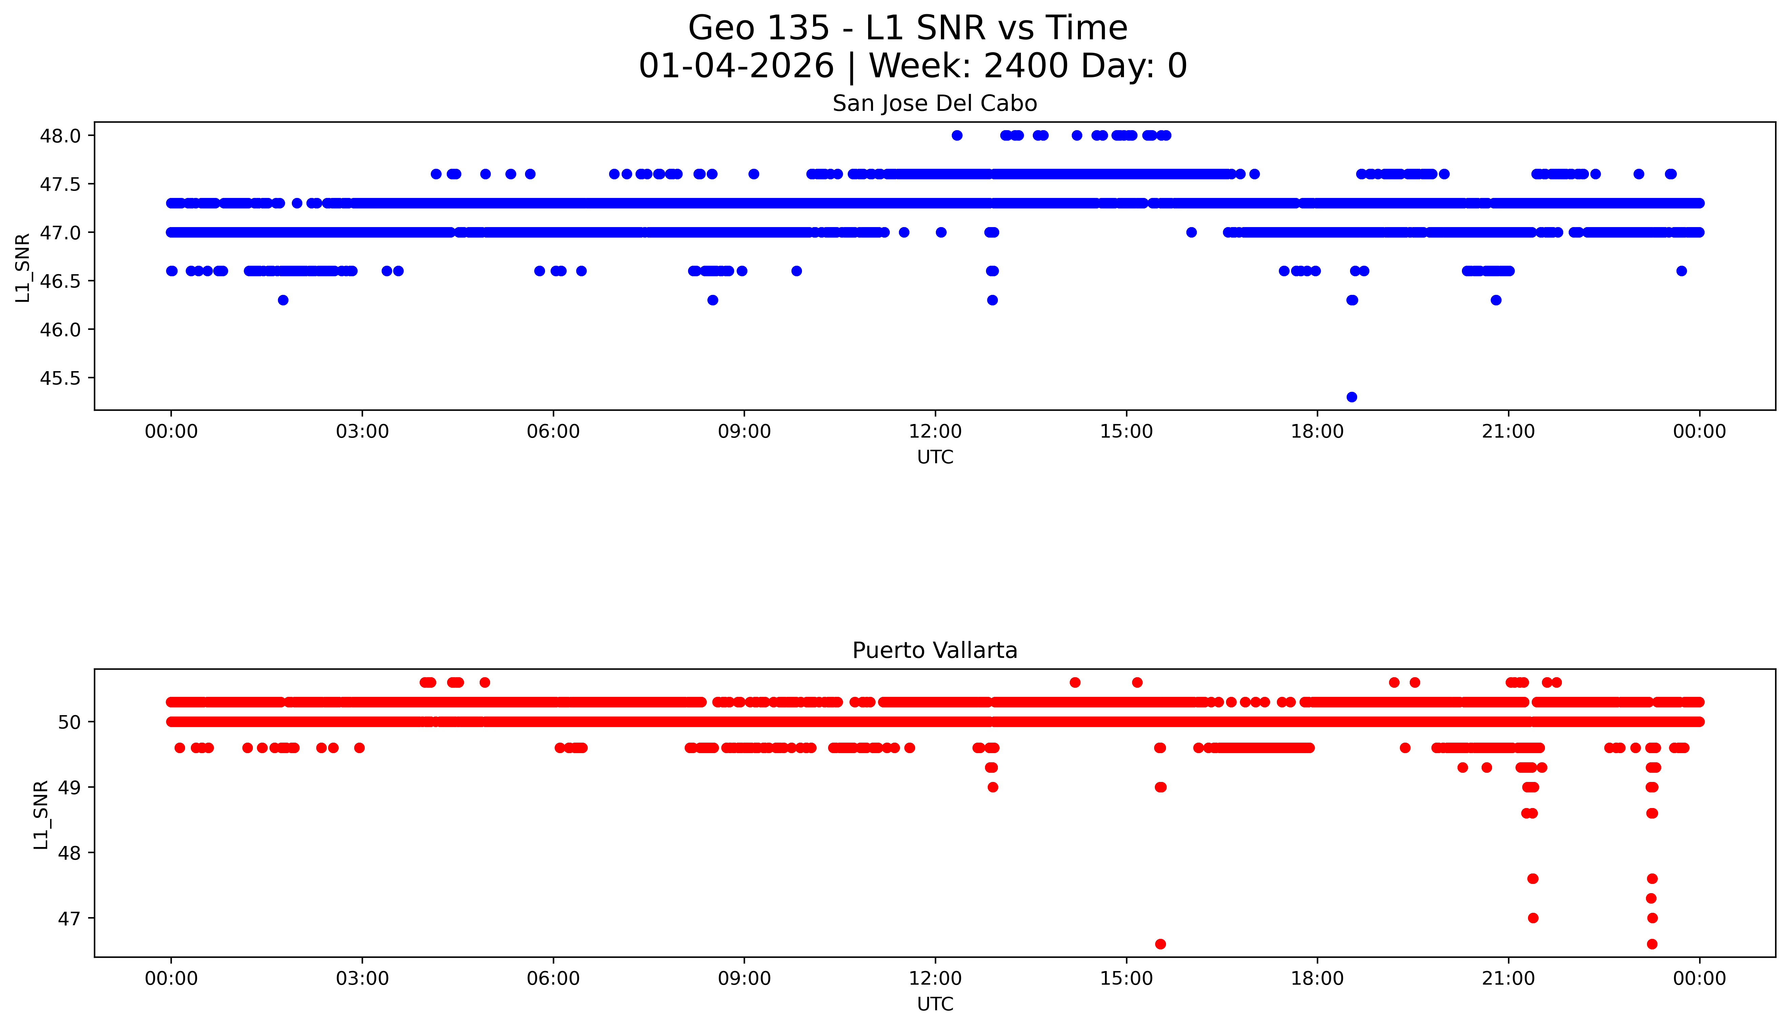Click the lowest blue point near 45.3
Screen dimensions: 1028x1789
click(1351, 397)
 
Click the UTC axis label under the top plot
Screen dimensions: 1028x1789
click(935, 458)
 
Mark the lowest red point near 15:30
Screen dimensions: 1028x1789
click(1160, 944)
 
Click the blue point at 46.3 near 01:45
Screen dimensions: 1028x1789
click(283, 300)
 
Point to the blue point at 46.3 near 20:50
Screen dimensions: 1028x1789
click(1495, 300)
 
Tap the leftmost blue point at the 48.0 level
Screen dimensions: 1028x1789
click(957, 136)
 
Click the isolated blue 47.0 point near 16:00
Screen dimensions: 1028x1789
click(1191, 232)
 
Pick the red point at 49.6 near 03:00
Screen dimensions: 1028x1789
click(359, 748)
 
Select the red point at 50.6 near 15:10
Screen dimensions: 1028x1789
click(1137, 682)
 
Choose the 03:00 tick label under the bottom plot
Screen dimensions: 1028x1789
click(362, 979)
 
